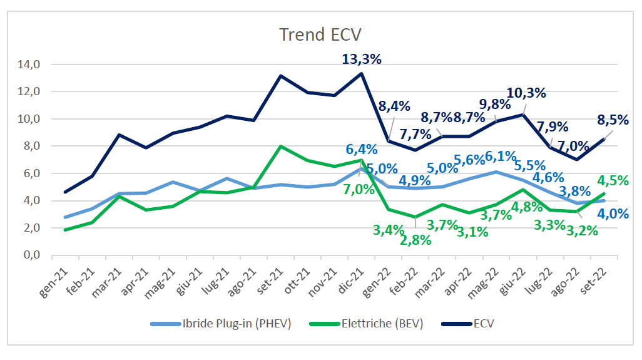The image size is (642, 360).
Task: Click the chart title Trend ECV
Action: pos(320,34)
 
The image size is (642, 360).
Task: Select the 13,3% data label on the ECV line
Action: pos(362,59)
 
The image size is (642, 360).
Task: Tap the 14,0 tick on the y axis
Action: pos(30,64)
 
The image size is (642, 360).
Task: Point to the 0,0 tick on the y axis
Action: pos(30,255)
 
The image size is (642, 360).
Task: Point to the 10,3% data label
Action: pos(526,93)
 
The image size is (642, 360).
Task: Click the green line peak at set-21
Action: pos(281,147)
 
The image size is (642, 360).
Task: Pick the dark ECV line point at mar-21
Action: pos(120,135)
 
